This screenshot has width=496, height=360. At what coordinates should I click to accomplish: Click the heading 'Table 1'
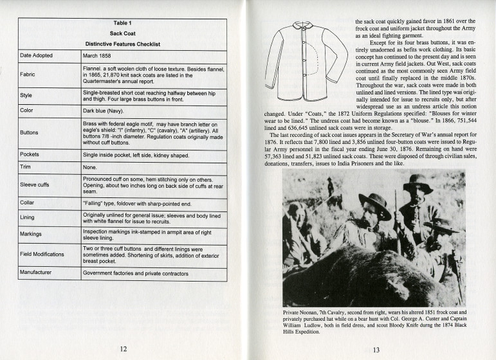tap(123, 23)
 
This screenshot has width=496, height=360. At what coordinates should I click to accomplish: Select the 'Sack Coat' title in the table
tap(123, 33)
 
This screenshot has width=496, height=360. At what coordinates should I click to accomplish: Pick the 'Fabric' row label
tap(28, 75)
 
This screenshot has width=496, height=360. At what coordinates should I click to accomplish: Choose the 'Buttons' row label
tap(30, 133)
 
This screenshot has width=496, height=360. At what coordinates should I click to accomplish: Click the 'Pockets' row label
tap(31, 155)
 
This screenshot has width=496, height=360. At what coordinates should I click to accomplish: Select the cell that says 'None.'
tap(91, 166)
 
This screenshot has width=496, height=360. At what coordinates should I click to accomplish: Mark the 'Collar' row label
tap(28, 203)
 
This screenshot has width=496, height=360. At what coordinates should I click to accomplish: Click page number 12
tap(122, 348)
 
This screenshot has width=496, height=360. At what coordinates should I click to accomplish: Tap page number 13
tap(376, 349)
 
